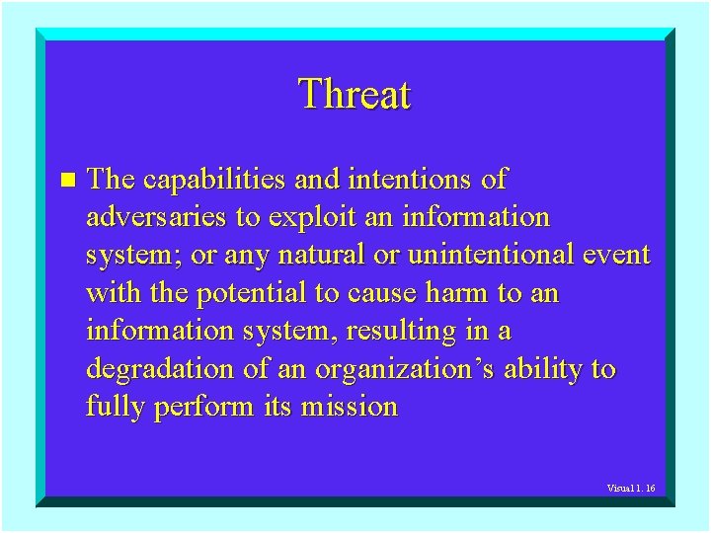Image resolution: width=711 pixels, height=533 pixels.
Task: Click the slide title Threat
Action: tap(355, 95)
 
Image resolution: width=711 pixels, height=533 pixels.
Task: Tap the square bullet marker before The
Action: tap(66, 180)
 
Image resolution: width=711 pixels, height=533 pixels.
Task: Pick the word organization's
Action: tap(406, 369)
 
